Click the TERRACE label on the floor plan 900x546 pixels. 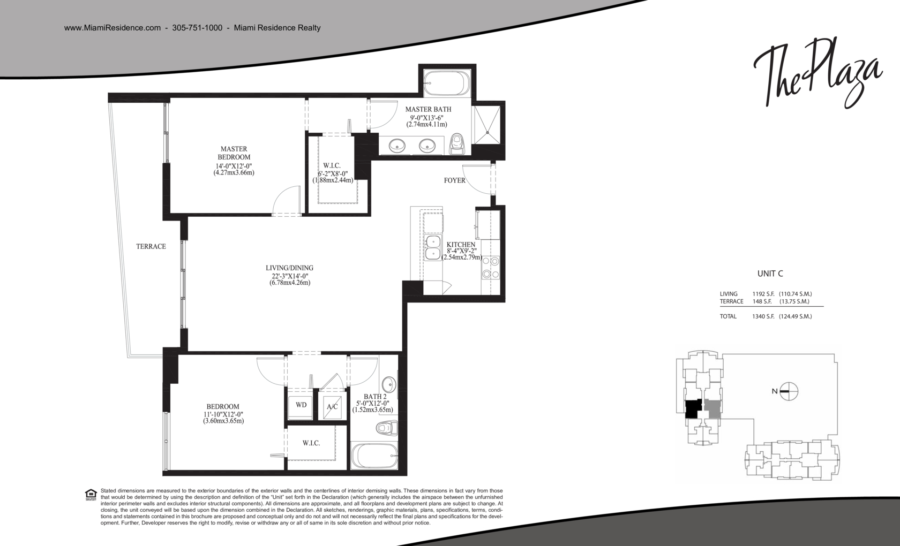pyautogui.click(x=151, y=246)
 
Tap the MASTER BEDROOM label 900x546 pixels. pyautogui.click(x=234, y=153)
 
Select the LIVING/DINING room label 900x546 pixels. pyautogui.click(x=289, y=268)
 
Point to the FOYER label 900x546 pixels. pyautogui.click(x=454, y=181)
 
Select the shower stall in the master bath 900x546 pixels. pyautogui.click(x=487, y=124)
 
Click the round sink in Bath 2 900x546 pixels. pyautogui.click(x=388, y=384)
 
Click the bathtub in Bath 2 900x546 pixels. pyautogui.click(x=374, y=456)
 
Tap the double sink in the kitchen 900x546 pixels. pyautogui.click(x=433, y=248)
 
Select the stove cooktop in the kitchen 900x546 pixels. pyautogui.click(x=491, y=268)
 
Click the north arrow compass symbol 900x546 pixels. pyautogui.click(x=789, y=391)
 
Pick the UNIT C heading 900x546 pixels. pyautogui.click(x=770, y=274)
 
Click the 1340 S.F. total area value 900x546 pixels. pyautogui.click(x=763, y=316)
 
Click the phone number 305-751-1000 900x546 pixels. pyautogui.click(x=197, y=28)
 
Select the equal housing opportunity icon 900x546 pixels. pyautogui.click(x=91, y=495)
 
